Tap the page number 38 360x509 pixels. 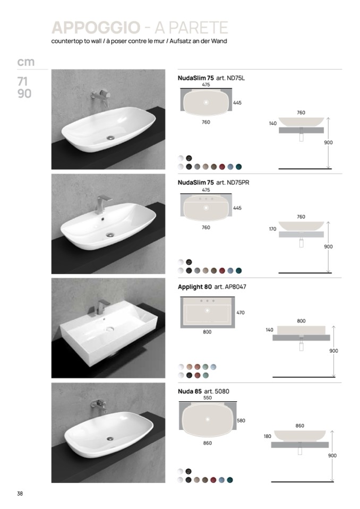(20, 494)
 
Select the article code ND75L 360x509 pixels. (236, 78)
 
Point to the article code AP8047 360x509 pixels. (235, 287)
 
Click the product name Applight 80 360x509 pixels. (195, 287)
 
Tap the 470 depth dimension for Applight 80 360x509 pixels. (241, 313)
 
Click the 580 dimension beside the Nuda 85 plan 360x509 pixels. (241, 420)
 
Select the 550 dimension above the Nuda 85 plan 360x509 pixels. (208, 398)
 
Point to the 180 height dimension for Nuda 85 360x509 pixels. (267, 436)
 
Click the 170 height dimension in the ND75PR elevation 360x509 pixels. (273, 229)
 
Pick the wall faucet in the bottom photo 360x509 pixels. (99, 404)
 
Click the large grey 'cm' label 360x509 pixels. (25, 62)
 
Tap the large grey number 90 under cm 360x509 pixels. (24, 93)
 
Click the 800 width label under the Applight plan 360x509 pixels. (207, 332)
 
